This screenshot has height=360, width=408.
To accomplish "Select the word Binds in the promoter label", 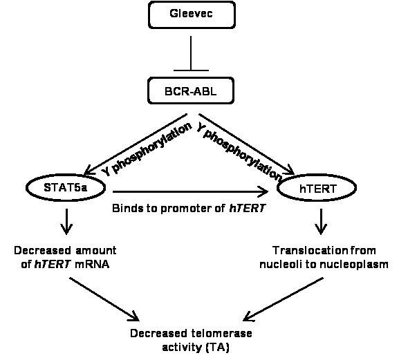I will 127,207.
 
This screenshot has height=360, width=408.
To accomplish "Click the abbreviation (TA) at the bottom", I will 216,347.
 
